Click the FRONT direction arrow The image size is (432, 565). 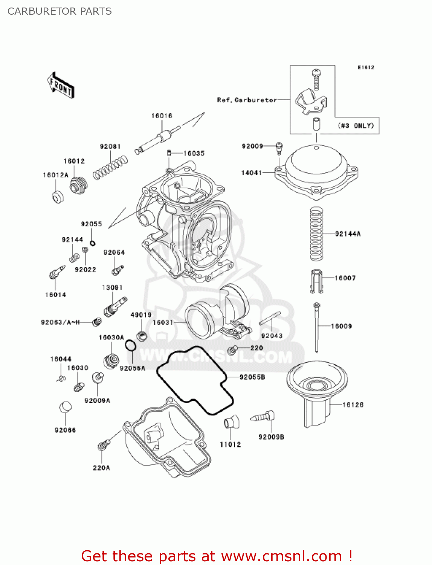point(60,86)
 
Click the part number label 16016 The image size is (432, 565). point(162,116)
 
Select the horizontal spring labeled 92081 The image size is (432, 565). point(110,168)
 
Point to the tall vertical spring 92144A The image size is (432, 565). point(316,234)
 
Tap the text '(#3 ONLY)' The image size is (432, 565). point(356,125)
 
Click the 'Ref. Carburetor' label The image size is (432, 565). point(247,100)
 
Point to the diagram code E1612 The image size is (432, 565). point(366,67)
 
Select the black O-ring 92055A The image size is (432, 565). point(130,345)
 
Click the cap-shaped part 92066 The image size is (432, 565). point(65,408)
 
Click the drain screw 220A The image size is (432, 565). point(104,445)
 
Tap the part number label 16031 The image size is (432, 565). point(163,322)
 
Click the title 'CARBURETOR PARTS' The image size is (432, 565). point(60,11)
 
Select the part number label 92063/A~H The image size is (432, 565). point(60,322)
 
